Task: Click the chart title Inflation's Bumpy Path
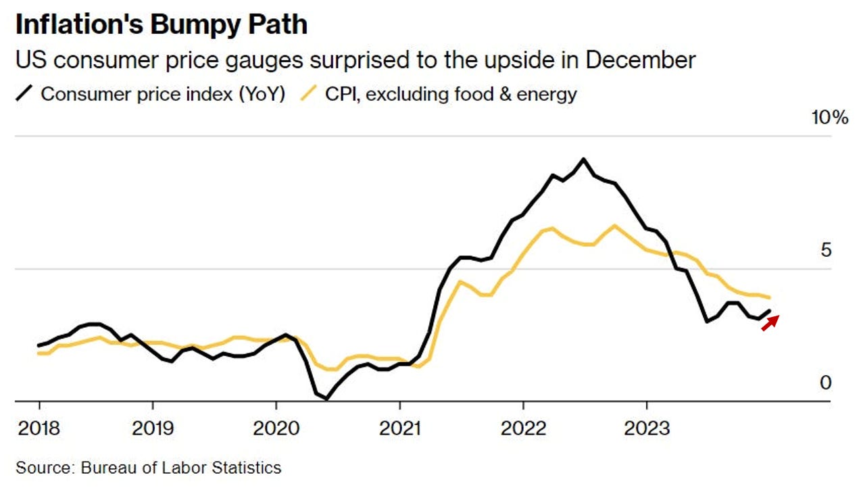pos(161,25)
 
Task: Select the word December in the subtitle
pos(641,60)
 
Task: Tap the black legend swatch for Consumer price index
pos(24,93)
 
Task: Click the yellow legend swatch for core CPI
pos(309,93)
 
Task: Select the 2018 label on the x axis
pos(39,428)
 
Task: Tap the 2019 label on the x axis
pos(153,428)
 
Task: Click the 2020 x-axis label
pos(276,428)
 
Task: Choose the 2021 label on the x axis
pos(399,428)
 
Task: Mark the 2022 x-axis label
pos(523,428)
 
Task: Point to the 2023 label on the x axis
pos(647,428)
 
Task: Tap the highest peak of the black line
pos(583,160)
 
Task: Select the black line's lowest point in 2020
pos(326,399)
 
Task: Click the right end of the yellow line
pos(770,297)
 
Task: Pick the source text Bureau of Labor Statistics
pos(181,468)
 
